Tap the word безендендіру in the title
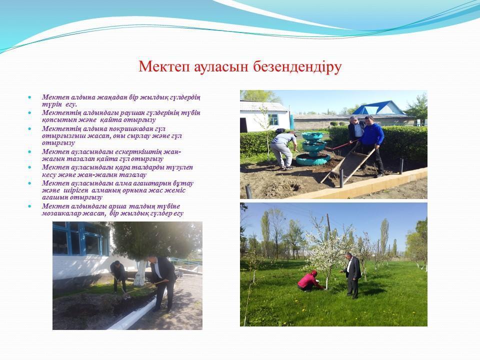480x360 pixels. point(297,66)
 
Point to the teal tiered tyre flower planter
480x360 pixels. point(313,149)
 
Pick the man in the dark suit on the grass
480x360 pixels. point(351,275)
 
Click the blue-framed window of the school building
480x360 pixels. point(81,239)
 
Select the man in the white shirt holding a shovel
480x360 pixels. point(162,283)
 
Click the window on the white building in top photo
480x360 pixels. point(273,119)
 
